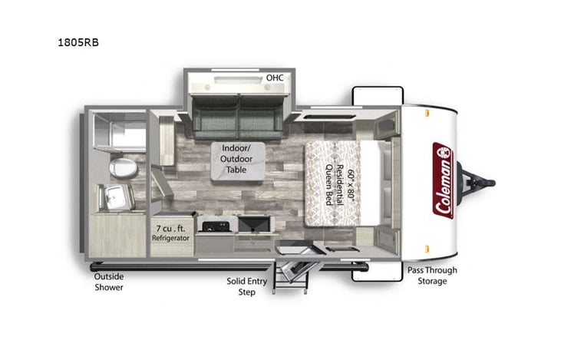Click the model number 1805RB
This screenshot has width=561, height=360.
78,42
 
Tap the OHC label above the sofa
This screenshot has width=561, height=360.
273,78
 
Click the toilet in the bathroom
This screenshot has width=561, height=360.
120,167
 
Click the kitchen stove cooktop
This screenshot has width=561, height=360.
214,225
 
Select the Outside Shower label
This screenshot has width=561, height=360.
108,282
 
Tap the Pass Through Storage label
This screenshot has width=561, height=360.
432,276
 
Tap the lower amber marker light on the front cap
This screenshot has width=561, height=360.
427,248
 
